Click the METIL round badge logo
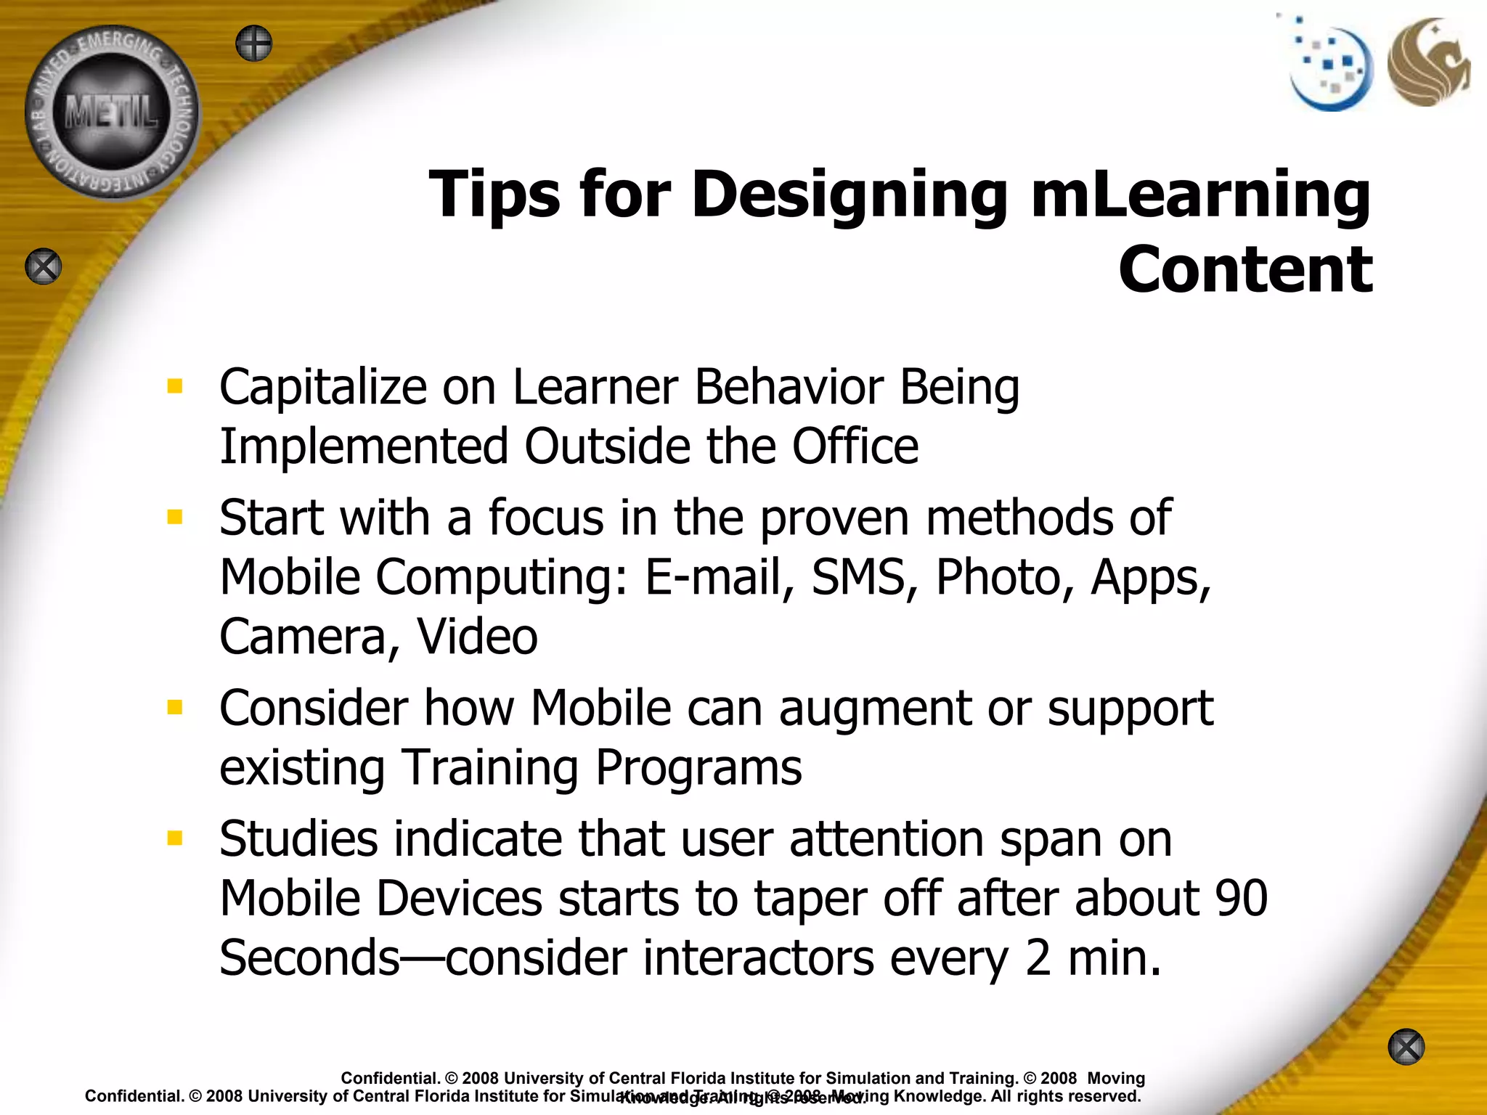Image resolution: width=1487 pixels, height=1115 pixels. coord(112,113)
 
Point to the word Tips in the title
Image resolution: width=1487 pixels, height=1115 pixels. coord(494,195)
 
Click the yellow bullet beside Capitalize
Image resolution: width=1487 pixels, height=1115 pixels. coord(174,385)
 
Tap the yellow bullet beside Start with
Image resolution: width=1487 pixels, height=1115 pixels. coord(174,517)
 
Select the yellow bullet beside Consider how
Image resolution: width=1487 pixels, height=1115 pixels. coord(174,707)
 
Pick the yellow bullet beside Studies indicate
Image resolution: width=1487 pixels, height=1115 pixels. coord(174,838)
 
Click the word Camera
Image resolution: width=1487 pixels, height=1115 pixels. coord(309,637)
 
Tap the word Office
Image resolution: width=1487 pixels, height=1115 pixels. coord(855,446)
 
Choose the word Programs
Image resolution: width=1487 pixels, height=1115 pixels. coord(698,768)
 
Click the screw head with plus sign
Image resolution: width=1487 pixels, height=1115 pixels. coord(254,44)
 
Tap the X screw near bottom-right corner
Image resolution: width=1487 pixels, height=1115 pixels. coord(1406,1047)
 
